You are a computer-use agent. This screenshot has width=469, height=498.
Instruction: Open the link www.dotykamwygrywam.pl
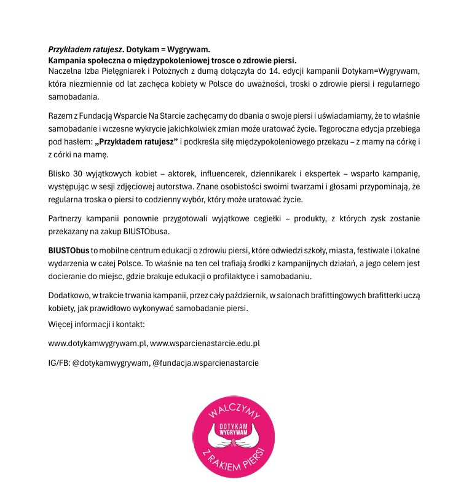[97, 343]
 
